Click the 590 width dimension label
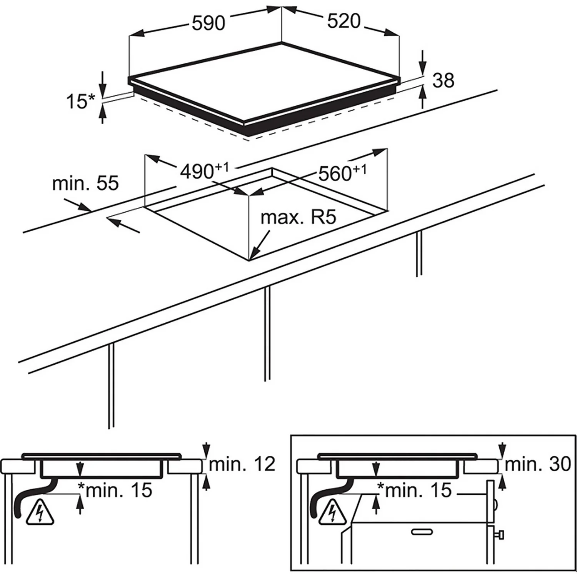[x=208, y=23]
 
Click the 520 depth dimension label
[x=344, y=21]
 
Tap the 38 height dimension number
[x=443, y=81]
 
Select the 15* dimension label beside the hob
[x=80, y=102]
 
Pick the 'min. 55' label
[x=85, y=183]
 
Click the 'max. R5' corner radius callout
[x=298, y=218]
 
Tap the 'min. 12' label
[x=242, y=464]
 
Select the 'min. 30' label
[x=537, y=464]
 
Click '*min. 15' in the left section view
[x=115, y=490]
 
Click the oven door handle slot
[x=422, y=532]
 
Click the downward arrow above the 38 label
[x=423, y=65]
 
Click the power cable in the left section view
[x=23, y=500]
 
